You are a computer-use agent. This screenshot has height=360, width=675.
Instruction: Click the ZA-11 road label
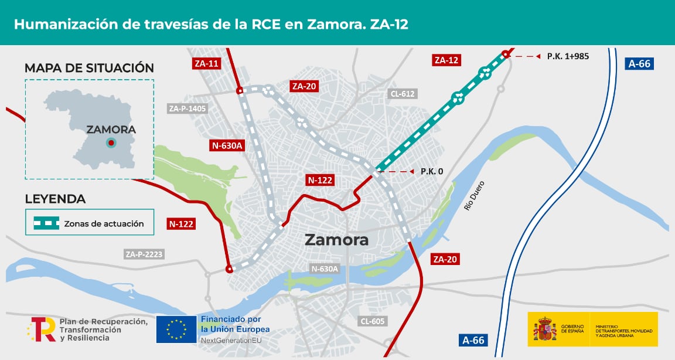(x=206, y=63)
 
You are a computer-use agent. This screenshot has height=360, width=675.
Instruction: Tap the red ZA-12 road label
(x=446, y=60)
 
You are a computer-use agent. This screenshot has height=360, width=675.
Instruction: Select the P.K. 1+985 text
(x=568, y=56)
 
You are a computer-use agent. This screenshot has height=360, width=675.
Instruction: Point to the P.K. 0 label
(x=432, y=172)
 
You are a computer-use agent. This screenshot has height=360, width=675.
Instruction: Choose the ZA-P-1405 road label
(x=187, y=108)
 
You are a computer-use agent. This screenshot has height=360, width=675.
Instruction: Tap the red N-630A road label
(x=227, y=146)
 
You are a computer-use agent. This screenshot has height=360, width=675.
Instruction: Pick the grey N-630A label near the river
(x=325, y=269)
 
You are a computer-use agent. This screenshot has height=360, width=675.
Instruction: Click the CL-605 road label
(x=373, y=321)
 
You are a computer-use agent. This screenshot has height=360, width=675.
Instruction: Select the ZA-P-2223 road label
(x=144, y=254)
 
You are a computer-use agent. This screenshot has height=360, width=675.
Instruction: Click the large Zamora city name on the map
(x=336, y=240)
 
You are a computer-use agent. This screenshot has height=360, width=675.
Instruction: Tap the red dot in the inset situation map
(x=111, y=142)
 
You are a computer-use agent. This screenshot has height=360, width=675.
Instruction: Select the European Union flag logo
(x=176, y=329)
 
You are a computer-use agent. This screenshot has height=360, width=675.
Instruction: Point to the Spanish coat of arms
(x=545, y=329)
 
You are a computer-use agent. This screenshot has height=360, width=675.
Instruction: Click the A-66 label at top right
(x=639, y=63)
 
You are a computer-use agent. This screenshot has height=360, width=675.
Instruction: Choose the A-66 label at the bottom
(x=473, y=340)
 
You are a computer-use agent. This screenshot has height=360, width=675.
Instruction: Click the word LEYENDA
(x=55, y=199)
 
